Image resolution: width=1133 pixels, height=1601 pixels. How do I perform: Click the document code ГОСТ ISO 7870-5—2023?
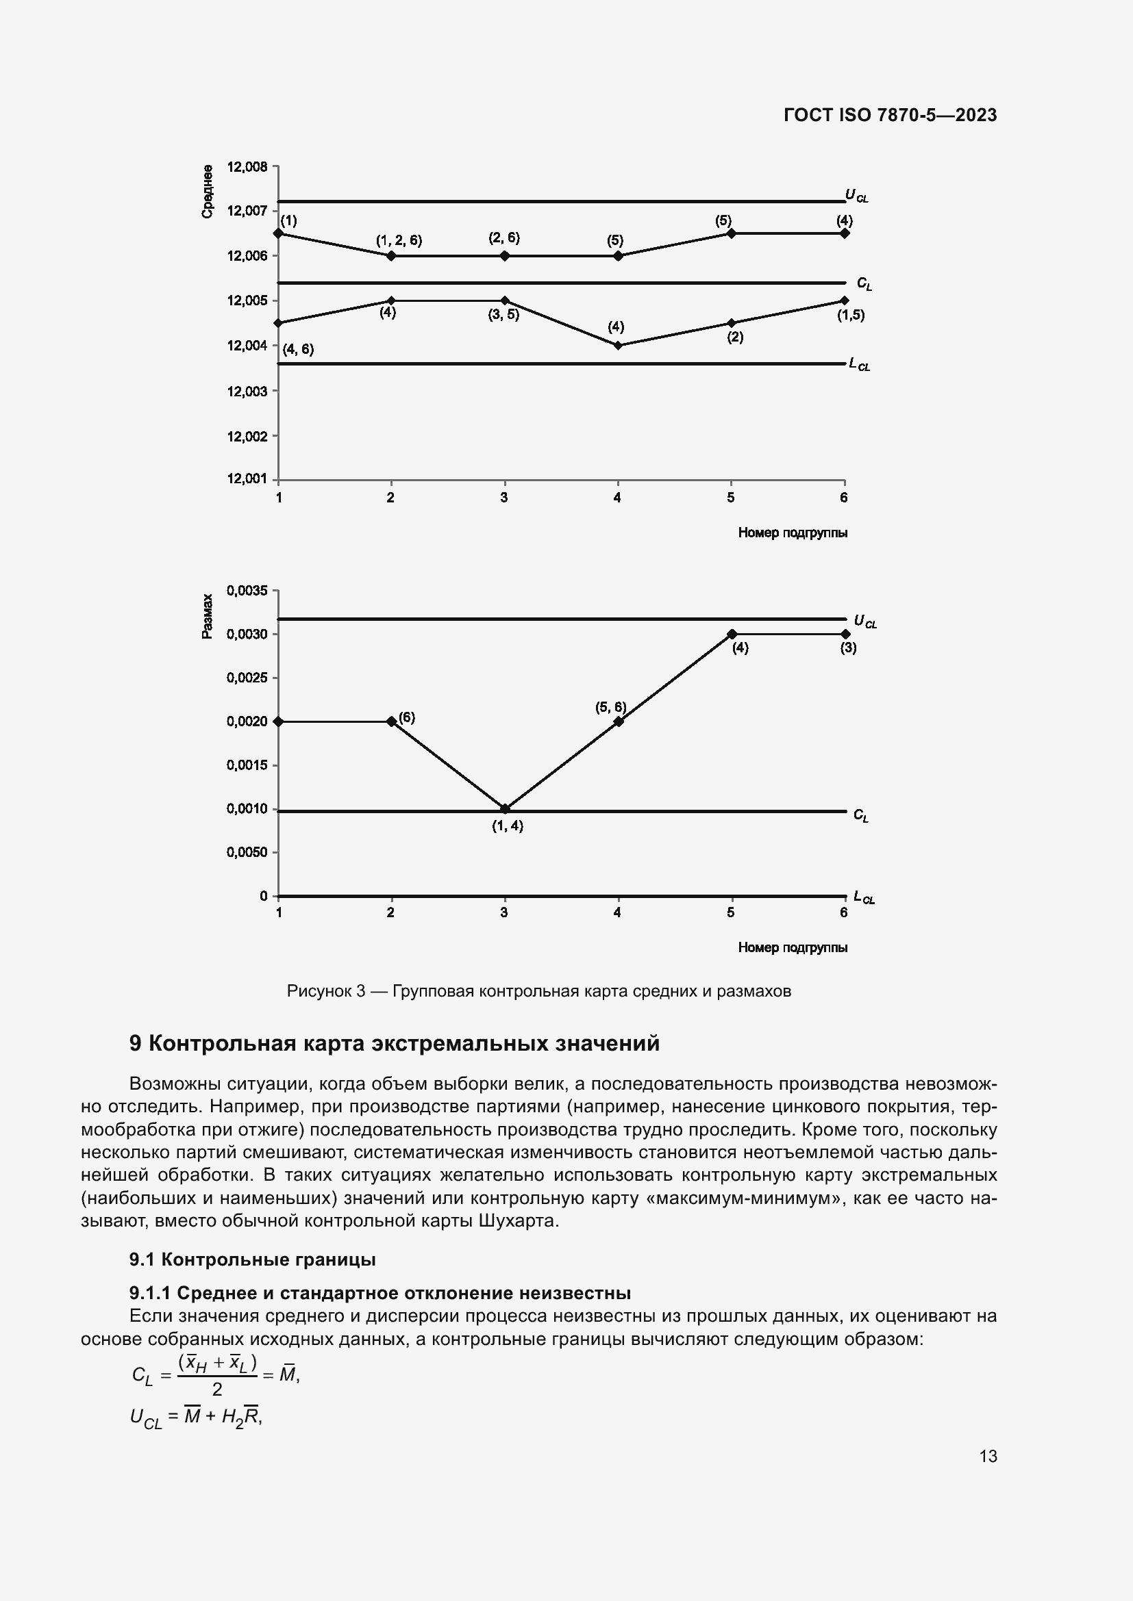click(x=891, y=115)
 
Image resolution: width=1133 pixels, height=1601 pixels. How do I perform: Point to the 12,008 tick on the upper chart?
click(x=247, y=166)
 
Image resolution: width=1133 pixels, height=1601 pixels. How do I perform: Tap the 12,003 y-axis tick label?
click(x=247, y=392)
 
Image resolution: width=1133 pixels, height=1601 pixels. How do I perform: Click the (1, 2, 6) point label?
click(x=399, y=240)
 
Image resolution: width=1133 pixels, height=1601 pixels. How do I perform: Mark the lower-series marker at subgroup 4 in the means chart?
click(x=618, y=345)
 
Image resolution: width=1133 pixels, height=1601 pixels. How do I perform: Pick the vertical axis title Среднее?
click(x=207, y=192)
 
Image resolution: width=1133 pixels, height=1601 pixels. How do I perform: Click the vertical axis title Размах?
click(x=207, y=617)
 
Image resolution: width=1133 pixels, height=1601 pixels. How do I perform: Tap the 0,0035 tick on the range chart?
click(x=247, y=591)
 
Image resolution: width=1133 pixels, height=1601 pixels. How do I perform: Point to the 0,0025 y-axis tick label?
click(x=247, y=678)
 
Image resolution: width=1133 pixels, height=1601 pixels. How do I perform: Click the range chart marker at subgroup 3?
click(x=505, y=809)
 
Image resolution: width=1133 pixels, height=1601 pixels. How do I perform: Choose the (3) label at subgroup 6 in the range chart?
click(x=847, y=648)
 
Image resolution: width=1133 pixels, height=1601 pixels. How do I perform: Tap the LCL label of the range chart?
click(x=864, y=897)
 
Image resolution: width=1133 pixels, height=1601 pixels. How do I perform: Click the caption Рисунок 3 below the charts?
click(x=538, y=991)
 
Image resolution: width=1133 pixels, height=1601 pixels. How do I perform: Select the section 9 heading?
click(x=394, y=1043)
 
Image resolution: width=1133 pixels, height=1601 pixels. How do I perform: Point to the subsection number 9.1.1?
click(x=150, y=1293)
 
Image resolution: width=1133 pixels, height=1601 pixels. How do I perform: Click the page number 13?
click(x=988, y=1456)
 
